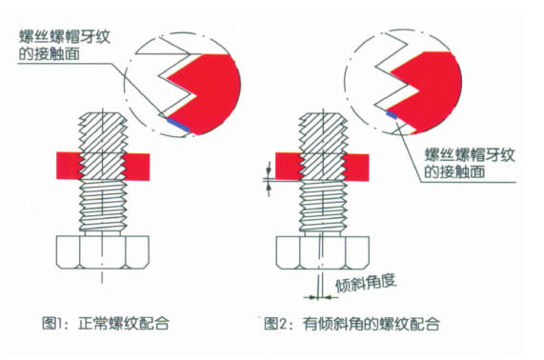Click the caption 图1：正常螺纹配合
(x=106, y=324)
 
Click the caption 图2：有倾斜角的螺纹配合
(x=352, y=324)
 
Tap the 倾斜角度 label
(x=366, y=284)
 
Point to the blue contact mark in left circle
(x=178, y=125)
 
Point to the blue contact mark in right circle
(x=393, y=114)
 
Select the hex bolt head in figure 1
(x=103, y=252)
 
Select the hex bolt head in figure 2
(x=322, y=252)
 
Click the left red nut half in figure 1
(x=69, y=166)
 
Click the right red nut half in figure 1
(x=137, y=167)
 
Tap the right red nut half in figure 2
(x=356, y=168)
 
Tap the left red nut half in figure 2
(x=289, y=167)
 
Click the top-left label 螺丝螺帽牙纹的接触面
(x=65, y=46)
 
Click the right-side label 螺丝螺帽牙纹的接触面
(x=470, y=164)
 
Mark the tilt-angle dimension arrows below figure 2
(x=320, y=297)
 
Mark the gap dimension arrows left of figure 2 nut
(x=268, y=179)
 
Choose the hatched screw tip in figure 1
(x=103, y=146)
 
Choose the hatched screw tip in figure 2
(x=323, y=147)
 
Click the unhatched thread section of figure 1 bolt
(x=103, y=206)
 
